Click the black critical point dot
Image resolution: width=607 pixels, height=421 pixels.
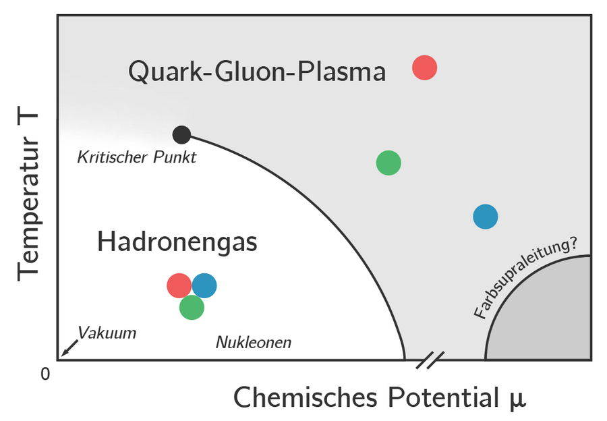pyautogui.click(x=181, y=134)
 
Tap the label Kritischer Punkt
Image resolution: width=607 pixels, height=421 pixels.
pyautogui.click(x=136, y=158)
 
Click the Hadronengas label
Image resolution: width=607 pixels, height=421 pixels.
pyautogui.click(x=177, y=242)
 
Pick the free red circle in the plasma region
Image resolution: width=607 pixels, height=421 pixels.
pyautogui.click(x=425, y=67)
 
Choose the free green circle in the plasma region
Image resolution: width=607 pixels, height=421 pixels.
pyautogui.click(x=388, y=163)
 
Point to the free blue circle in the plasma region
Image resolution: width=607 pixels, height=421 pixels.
pyautogui.click(x=486, y=217)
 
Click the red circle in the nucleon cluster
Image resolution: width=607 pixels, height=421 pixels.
pyautogui.click(x=178, y=285)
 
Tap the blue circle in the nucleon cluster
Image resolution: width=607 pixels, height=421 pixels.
pyautogui.click(x=205, y=285)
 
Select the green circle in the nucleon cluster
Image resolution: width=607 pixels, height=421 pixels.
pyautogui.click(x=192, y=307)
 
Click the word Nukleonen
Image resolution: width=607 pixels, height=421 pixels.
pyautogui.click(x=254, y=343)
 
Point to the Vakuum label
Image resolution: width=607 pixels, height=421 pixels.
pyautogui.click(x=107, y=333)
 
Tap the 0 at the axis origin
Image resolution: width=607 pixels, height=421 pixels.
pyautogui.click(x=46, y=373)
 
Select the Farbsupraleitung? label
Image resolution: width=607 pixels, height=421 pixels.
pyautogui.click(x=526, y=278)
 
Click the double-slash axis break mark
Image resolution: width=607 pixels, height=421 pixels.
pyautogui.click(x=430, y=360)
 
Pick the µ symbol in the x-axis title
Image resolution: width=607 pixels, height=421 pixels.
pyautogui.click(x=517, y=399)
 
